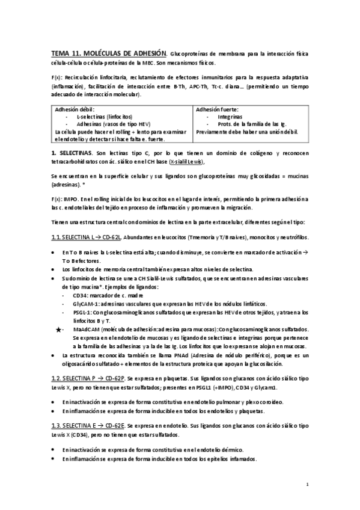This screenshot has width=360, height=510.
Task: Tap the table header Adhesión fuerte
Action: pyautogui.click(x=217, y=109)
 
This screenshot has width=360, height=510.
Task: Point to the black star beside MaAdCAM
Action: pyautogui.click(x=58, y=330)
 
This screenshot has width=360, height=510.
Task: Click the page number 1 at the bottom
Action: pyautogui.click(x=307, y=484)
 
